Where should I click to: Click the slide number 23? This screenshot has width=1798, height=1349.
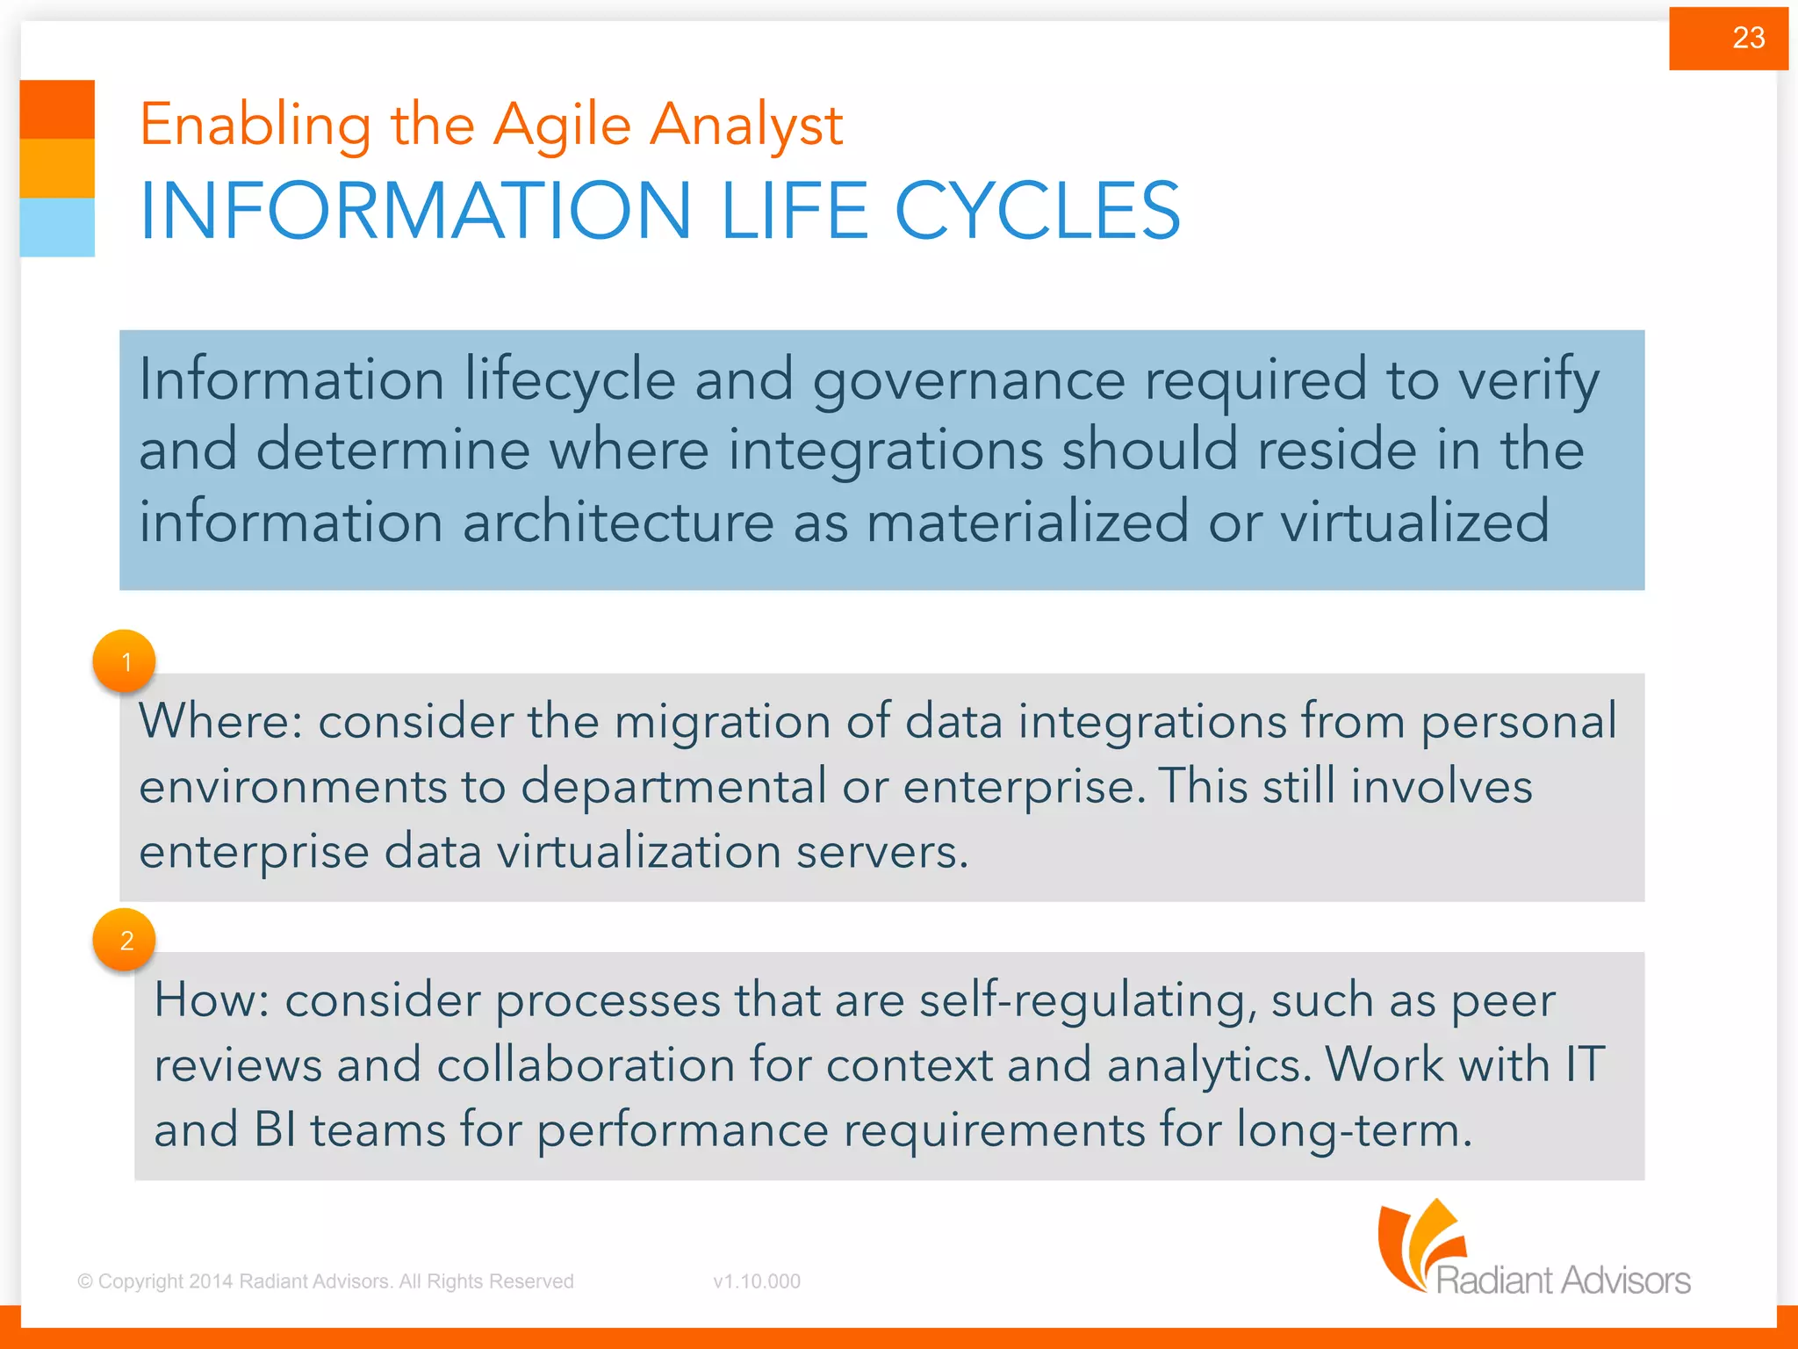coord(1747,38)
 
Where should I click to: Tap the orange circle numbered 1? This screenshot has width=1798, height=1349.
coord(125,661)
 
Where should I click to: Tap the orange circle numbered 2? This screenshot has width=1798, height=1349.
coord(125,940)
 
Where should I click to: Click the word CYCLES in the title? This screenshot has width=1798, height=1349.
coord(1037,211)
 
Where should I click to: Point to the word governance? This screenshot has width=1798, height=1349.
coord(968,381)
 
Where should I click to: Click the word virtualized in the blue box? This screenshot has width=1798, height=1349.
coord(1414,522)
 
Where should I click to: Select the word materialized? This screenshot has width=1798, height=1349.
coord(1027,522)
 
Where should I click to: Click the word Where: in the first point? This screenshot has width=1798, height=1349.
coord(220,722)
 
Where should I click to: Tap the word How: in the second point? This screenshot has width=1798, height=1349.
coord(211,1000)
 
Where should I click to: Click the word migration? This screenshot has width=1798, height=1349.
coord(721,722)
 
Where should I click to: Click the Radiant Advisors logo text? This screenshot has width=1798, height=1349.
coord(1563,1280)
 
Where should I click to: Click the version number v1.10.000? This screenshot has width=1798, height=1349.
coord(757,1281)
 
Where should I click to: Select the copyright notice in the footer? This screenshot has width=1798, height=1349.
coord(326,1281)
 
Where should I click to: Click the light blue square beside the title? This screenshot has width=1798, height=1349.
coord(57,227)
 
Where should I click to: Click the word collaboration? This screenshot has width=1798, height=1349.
coord(585,1065)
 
